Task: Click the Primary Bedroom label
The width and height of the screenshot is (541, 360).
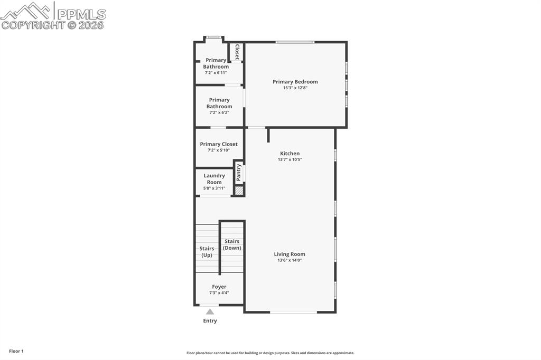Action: point(295,82)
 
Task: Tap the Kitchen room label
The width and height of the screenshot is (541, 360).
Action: point(290,153)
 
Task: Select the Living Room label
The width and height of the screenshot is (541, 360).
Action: point(290,254)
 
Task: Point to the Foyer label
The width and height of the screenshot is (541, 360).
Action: point(219,287)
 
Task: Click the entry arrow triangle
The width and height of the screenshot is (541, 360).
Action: point(210,311)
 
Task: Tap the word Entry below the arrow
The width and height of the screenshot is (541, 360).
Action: point(210,320)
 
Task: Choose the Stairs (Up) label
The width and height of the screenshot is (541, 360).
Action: point(207,252)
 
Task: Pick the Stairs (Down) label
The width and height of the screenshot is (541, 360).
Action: point(232,244)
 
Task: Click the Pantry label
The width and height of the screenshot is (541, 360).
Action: point(239,172)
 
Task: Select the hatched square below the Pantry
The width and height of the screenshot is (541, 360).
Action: point(239,191)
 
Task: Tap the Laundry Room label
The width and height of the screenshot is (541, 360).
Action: point(214,179)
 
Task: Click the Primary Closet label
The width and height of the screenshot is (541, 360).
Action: point(219,144)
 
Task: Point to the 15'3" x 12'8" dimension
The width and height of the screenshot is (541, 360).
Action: point(295,88)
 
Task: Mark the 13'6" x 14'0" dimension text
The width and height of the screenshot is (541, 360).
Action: point(290,260)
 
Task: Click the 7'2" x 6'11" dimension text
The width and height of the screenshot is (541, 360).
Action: point(216,72)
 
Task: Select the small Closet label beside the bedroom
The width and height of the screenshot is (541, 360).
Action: point(237,52)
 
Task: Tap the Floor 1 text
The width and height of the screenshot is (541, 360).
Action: point(16,351)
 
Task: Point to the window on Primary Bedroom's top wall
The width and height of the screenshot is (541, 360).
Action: point(295,42)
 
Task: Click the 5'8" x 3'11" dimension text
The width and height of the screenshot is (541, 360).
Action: point(214,188)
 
